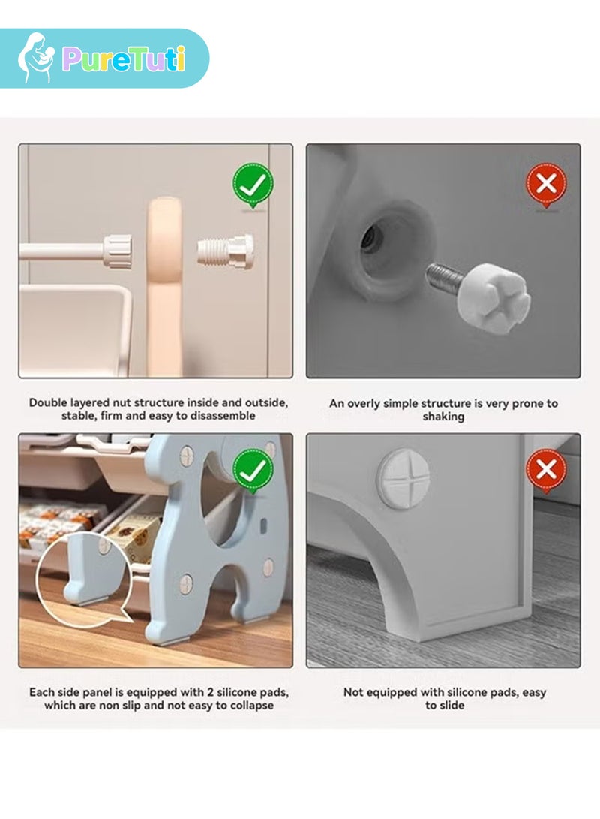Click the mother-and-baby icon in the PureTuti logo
click(x=35, y=58)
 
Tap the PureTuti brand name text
click(x=124, y=59)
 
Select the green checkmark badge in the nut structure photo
click(x=253, y=185)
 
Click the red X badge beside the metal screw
click(x=546, y=185)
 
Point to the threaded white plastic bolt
click(x=226, y=251)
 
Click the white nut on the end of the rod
click(x=117, y=251)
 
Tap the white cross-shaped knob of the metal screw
click(x=493, y=291)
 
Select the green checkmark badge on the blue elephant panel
click(x=253, y=471)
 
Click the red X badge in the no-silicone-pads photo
click(x=546, y=471)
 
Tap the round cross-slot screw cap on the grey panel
click(x=403, y=478)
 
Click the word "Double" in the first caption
click(x=48, y=402)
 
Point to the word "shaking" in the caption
click(x=443, y=417)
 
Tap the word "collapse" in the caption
click(x=252, y=706)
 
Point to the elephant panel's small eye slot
click(x=263, y=525)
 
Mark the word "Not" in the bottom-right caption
click(x=352, y=693)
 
